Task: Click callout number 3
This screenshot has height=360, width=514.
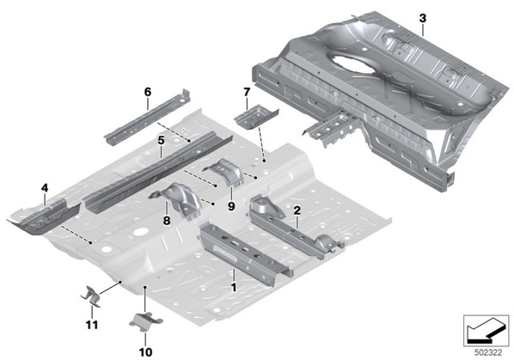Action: click(x=423, y=18)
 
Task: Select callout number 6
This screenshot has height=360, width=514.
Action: click(x=148, y=92)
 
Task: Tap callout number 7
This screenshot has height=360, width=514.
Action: click(x=247, y=92)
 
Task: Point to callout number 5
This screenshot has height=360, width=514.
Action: click(x=161, y=141)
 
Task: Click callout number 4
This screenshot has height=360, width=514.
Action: click(x=45, y=188)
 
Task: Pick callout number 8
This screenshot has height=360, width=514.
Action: click(x=167, y=221)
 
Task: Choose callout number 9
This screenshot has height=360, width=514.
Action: click(x=231, y=206)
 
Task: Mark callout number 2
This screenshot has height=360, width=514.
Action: click(x=297, y=211)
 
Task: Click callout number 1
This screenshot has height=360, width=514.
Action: click(x=234, y=288)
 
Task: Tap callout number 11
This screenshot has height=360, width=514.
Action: click(x=92, y=325)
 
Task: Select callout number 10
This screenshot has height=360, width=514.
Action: click(x=145, y=352)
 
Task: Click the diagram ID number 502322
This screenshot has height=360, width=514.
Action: click(x=488, y=353)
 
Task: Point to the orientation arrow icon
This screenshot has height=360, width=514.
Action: click(x=486, y=330)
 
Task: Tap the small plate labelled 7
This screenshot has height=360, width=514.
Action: click(x=255, y=116)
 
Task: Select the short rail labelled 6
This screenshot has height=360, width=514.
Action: click(x=148, y=117)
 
